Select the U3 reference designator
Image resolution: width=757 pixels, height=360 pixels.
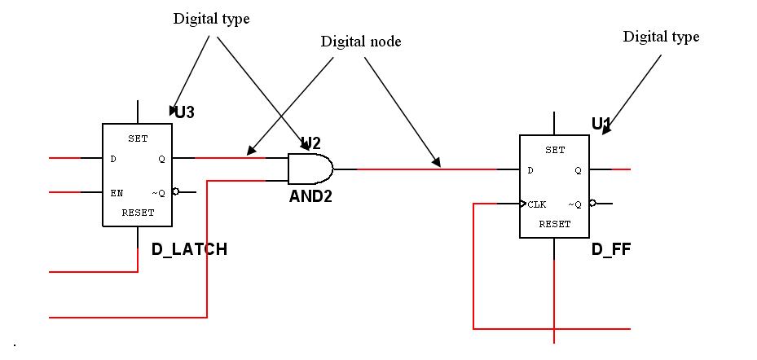point(185,112)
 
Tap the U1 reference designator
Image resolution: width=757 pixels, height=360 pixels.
point(601,124)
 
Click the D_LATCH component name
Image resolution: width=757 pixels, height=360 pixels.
point(189,249)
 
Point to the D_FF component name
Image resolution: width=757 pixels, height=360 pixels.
point(611,249)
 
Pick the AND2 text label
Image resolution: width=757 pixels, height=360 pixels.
point(310,196)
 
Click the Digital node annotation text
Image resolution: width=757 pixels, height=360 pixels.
point(360,42)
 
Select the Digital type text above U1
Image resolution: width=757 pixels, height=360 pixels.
point(661,37)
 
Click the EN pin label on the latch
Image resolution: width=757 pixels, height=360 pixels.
point(117,193)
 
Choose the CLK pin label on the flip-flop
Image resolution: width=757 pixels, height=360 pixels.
point(536,204)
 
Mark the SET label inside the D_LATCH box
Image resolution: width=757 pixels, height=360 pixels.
point(138,138)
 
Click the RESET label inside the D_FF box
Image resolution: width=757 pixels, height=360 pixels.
point(555,224)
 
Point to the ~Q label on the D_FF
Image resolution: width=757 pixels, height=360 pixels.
point(576,204)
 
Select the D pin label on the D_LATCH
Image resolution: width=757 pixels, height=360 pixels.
point(113,159)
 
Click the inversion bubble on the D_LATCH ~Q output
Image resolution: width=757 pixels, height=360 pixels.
point(175,193)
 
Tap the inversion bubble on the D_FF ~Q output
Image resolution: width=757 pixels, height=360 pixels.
point(592,204)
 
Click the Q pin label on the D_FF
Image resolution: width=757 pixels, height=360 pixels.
point(578,170)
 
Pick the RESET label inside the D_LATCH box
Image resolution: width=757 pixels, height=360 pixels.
point(138,213)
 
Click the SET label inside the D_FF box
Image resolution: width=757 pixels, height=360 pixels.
point(555,150)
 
